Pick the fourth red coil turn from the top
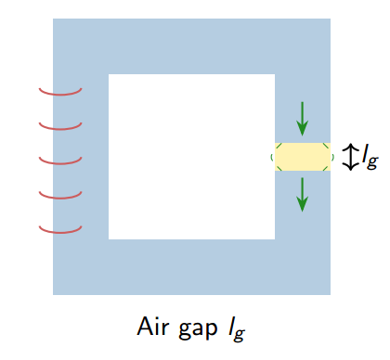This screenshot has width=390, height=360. coord(60,196)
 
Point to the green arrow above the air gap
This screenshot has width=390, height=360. coord(302,115)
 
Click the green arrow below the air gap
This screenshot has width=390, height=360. coord(302,193)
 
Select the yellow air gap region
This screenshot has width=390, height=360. coord(303,156)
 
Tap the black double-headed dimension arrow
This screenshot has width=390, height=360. coord(350,156)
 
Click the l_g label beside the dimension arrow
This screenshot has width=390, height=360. coord(370,157)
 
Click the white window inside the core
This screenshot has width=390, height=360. coord(191,156)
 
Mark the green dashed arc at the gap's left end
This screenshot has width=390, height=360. coord(274,156)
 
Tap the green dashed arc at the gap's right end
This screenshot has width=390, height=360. coord(331,156)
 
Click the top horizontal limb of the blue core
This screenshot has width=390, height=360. coord(191,46)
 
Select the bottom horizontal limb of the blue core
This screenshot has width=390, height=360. coord(191,267)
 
